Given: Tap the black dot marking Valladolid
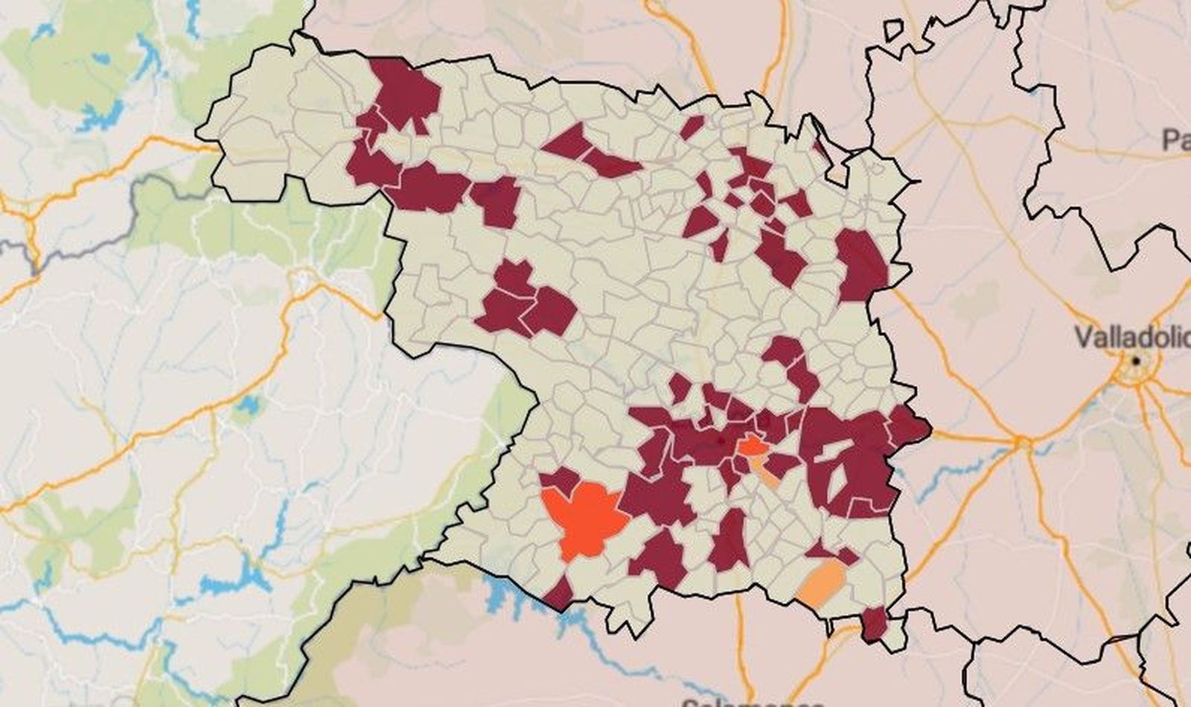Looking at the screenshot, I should pos(1137,361).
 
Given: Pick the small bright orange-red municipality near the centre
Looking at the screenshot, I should pos(752,446).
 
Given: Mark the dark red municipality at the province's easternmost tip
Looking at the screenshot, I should pos(910,425).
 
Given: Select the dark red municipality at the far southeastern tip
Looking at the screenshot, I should pos(875,623).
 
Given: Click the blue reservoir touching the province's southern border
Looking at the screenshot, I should pos(499,592).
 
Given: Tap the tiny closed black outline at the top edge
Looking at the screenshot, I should pos(893,30).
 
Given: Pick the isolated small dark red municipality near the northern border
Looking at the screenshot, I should pos(692,127).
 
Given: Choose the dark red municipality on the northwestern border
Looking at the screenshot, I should pos(406,93).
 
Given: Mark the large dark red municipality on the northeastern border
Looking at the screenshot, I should pos(862,264).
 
